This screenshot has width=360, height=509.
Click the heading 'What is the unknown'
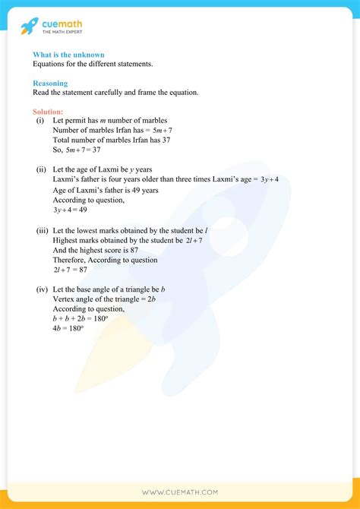[68, 55]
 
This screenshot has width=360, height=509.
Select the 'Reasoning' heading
[50, 84]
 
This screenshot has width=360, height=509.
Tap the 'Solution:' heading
[48, 112]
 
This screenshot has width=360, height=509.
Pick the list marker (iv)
[42, 290]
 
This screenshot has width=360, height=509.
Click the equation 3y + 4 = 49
[71, 209]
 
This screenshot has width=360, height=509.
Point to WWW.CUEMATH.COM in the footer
[180, 492]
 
